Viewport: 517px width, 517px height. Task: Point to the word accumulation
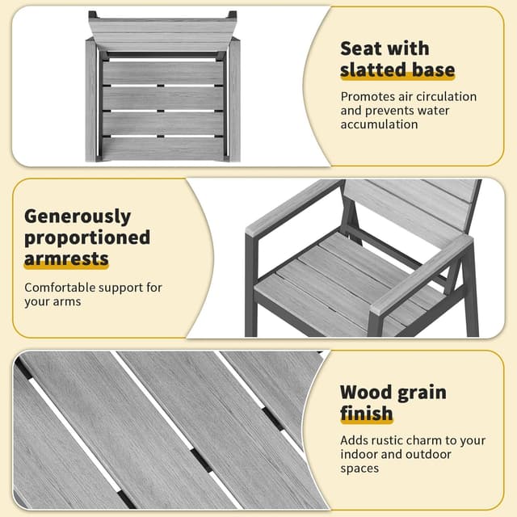click(379, 124)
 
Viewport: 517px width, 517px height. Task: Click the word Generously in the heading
click(78, 217)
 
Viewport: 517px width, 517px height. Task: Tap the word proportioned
click(87, 238)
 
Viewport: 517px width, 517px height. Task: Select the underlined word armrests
click(66, 258)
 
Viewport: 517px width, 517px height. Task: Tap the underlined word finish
click(366, 413)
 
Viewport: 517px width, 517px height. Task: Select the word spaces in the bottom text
click(359, 469)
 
